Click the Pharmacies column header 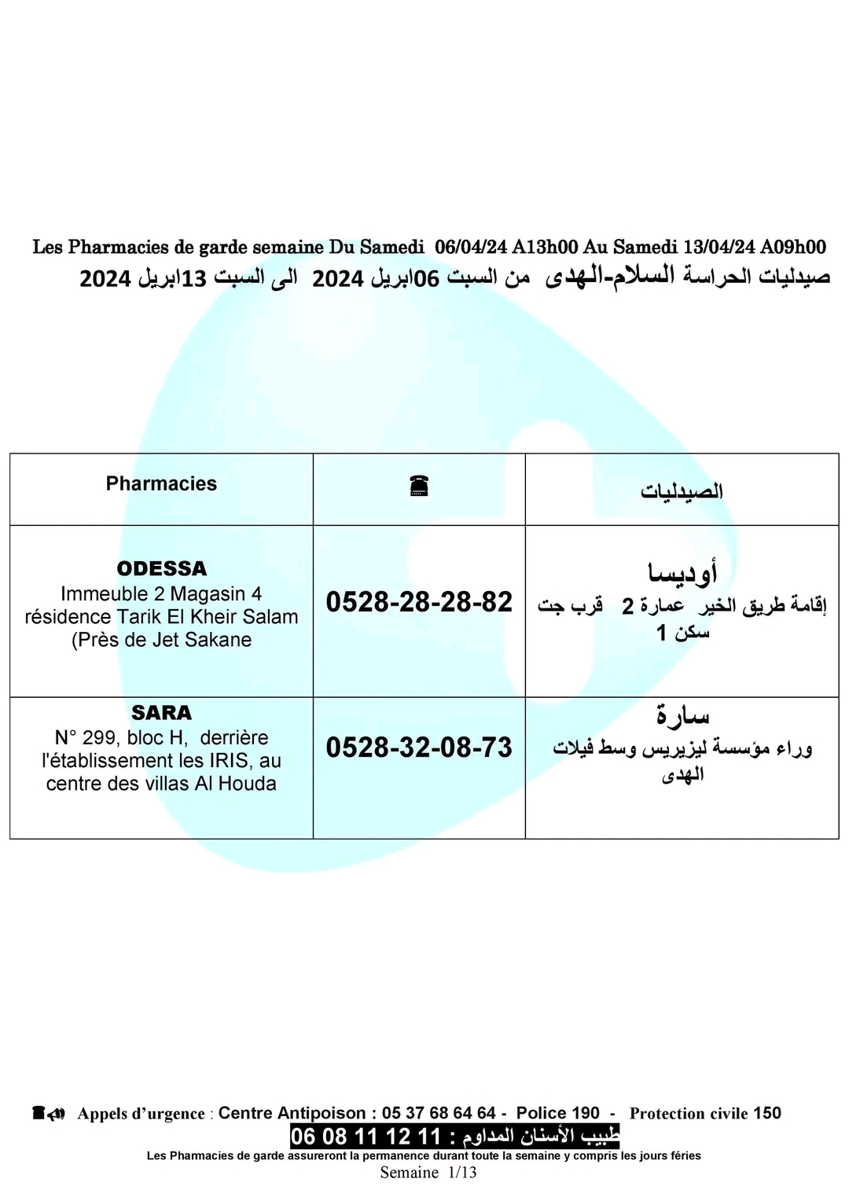click(x=161, y=484)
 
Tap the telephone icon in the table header click(x=419, y=487)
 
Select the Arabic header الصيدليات click(x=682, y=491)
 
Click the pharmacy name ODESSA click(x=162, y=568)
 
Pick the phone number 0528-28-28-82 click(x=419, y=602)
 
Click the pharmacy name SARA click(x=162, y=713)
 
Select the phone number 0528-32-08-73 click(x=419, y=747)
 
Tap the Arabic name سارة click(x=682, y=715)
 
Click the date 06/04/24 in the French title click(x=471, y=247)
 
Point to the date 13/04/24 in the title click(x=719, y=247)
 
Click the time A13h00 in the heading click(x=545, y=247)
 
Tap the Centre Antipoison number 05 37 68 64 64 click(x=439, y=1113)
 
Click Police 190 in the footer click(x=557, y=1113)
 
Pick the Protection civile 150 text click(x=705, y=1113)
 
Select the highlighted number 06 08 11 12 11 click(x=366, y=1137)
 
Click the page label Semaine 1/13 click(x=428, y=1173)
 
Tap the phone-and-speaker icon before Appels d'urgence click(x=49, y=1113)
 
